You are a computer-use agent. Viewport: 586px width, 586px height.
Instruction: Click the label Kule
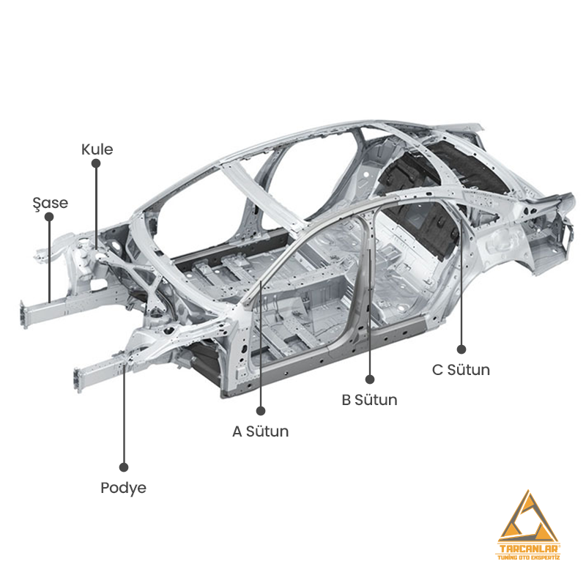[97, 149]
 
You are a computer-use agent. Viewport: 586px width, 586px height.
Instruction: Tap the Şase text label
[51, 204]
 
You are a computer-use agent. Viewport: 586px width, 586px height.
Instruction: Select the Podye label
[123, 488]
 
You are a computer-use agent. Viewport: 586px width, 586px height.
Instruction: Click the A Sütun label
[261, 431]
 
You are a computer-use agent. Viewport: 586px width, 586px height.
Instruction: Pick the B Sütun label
[370, 400]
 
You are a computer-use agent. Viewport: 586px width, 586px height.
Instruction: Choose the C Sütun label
[461, 370]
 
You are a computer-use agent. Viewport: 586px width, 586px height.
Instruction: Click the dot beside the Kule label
[96, 163]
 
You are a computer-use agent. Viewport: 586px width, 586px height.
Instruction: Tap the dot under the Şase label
[49, 217]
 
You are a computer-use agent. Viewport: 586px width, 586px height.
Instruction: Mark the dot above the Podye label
[124, 467]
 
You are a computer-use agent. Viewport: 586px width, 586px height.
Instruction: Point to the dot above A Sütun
[261, 411]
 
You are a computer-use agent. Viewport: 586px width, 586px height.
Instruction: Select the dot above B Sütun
[370, 379]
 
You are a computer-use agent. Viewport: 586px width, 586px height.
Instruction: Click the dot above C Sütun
[461, 349]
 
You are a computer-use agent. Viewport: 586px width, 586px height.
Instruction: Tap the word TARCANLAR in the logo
[528, 549]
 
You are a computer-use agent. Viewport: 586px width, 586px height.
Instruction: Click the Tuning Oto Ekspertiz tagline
[528, 557]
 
